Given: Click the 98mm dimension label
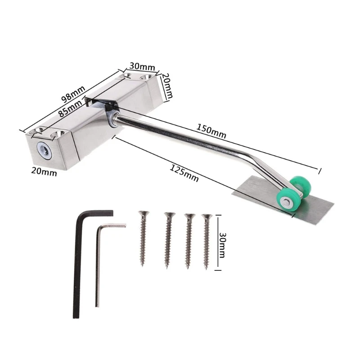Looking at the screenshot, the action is [x=73, y=94].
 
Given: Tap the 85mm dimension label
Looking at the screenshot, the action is [x=70, y=109].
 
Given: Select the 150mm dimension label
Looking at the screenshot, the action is [x=211, y=131].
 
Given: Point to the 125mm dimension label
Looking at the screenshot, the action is [x=184, y=174].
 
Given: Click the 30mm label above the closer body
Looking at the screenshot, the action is [x=142, y=67].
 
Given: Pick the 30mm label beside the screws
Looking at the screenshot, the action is [x=222, y=245].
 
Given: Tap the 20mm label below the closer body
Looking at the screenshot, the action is [x=44, y=171].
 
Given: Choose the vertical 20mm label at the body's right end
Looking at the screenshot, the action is [x=168, y=85].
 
